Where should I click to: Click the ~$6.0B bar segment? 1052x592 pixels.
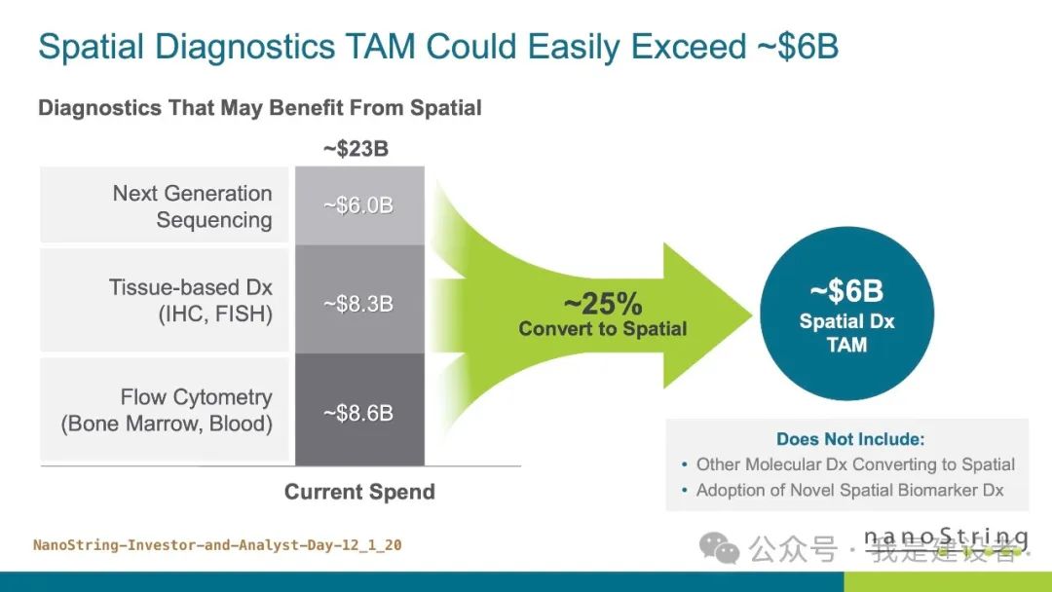[358, 205]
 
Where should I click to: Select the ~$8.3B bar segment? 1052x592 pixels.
[358, 304]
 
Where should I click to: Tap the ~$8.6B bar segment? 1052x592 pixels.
[358, 413]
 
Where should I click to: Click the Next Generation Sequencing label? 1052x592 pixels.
[192, 206]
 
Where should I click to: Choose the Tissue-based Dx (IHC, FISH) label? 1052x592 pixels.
[190, 301]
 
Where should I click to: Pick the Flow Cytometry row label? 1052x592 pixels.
[167, 410]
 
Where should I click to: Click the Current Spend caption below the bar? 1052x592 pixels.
[359, 492]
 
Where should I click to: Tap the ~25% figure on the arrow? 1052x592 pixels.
[602, 303]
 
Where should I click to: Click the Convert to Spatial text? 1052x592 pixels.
[602, 329]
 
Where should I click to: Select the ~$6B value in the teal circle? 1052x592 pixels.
[845, 291]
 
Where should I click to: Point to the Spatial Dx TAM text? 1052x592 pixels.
[845, 332]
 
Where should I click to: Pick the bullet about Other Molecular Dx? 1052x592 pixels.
[854, 464]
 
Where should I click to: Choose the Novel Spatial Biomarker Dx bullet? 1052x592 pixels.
[848, 491]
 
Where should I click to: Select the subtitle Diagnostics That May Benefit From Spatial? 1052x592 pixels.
[259, 107]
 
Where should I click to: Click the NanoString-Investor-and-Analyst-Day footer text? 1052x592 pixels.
[217, 545]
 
